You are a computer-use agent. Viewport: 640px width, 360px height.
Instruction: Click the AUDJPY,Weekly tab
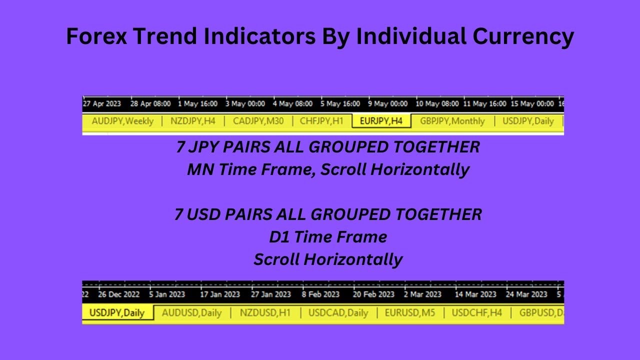tap(122, 121)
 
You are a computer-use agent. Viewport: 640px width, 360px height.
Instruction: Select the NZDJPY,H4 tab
tap(193, 121)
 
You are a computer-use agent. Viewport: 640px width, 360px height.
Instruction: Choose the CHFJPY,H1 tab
tap(321, 121)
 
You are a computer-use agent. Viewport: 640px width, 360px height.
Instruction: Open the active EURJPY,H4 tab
tap(381, 121)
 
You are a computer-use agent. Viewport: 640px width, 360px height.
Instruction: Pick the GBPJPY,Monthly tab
tap(452, 121)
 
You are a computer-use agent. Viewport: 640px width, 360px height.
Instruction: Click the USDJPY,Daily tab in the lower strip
tap(116, 313)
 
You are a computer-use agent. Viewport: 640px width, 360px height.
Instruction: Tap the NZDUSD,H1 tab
tap(265, 313)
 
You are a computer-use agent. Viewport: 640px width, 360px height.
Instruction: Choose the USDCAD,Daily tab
tap(338, 313)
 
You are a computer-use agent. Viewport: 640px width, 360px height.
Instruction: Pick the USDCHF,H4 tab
tap(476, 313)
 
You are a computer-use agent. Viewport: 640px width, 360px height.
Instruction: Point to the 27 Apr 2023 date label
tap(102, 104)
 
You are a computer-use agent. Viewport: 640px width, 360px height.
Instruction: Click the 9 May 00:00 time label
tap(388, 104)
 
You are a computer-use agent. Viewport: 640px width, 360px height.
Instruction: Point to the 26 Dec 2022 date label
tap(119, 294)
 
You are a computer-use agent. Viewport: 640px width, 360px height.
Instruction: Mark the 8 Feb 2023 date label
tap(320, 294)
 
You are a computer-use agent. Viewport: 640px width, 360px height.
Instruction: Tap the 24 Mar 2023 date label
tap(526, 294)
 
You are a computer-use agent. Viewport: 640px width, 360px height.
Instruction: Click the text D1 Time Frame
tap(328, 237)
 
